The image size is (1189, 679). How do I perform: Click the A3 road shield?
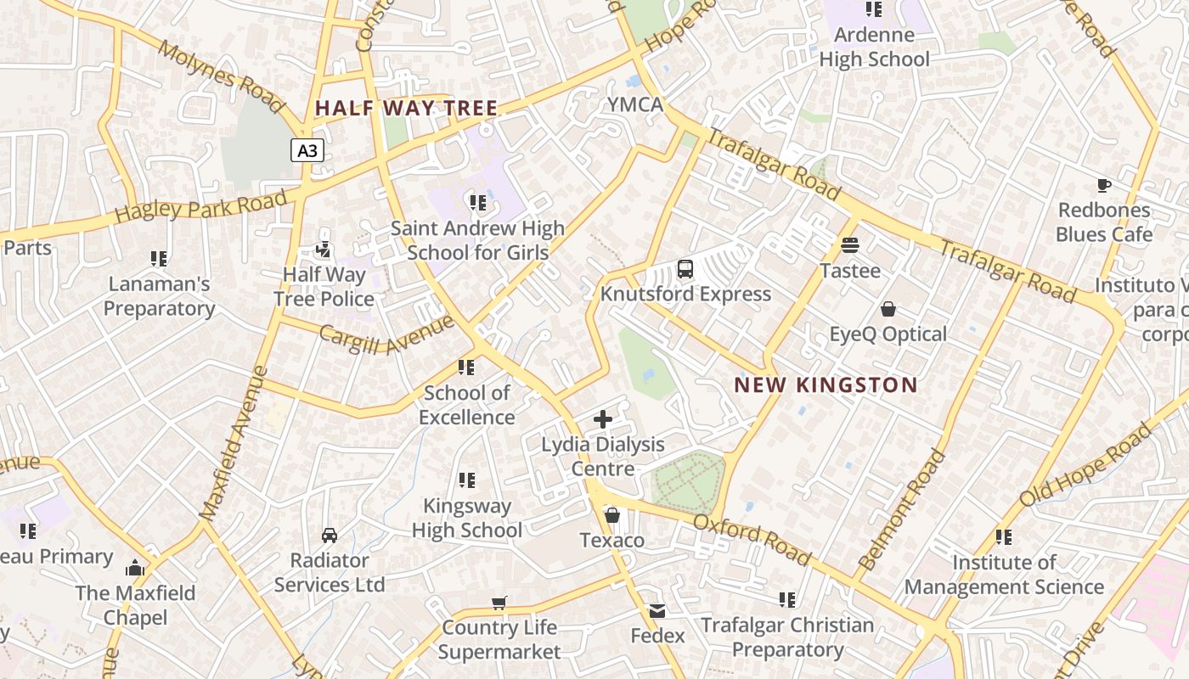(307, 151)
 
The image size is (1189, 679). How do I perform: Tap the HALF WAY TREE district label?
(406, 109)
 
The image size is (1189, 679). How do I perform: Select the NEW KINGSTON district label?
(826, 385)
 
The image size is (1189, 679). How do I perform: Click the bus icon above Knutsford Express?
(685, 270)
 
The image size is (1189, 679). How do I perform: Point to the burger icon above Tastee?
(850, 245)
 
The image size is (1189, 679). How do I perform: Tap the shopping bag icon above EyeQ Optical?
(888, 309)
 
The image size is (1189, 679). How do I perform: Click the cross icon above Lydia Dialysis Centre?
(603, 418)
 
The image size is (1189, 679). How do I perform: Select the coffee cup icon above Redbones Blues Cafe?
(1103, 185)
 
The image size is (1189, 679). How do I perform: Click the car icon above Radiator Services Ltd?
(330, 536)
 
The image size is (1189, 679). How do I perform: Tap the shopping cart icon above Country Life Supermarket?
(499, 603)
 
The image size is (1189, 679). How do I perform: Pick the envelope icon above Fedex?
(657, 611)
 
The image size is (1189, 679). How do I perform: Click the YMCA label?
(634, 104)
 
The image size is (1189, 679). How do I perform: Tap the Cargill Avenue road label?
(386, 336)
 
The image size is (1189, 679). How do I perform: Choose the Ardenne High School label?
(874, 47)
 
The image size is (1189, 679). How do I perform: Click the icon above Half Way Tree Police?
(324, 250)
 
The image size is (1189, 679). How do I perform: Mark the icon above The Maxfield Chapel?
(135, 568)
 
